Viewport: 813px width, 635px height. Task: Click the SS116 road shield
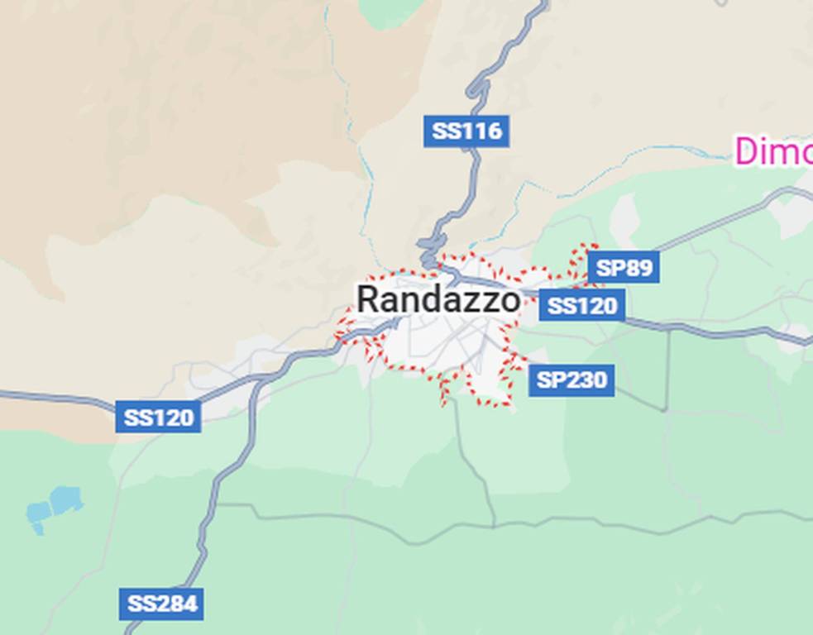pos(466,131)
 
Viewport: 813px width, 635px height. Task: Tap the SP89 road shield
pos(624,268)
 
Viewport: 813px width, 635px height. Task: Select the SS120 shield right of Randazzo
pos(582,306)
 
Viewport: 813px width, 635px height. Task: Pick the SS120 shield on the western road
pos(159,418)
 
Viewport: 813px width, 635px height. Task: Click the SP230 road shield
pos(571,380)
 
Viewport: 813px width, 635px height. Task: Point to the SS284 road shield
pos(162,604)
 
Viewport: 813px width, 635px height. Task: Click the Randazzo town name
pos(438,299)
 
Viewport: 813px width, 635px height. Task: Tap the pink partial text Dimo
pos(774,152)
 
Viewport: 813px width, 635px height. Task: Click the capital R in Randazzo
pos(369,299)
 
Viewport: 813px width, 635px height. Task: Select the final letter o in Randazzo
pos(510,301)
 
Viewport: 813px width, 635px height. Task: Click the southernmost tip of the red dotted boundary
pos(443,404)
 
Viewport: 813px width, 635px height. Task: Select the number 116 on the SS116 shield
pos(482,131)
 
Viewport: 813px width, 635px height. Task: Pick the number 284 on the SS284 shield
pos(177,604)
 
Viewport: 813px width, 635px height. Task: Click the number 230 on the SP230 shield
pos(586,380)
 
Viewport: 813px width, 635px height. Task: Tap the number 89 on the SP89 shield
pos(638,268)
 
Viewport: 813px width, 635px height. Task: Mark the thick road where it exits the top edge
pos(543,4)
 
